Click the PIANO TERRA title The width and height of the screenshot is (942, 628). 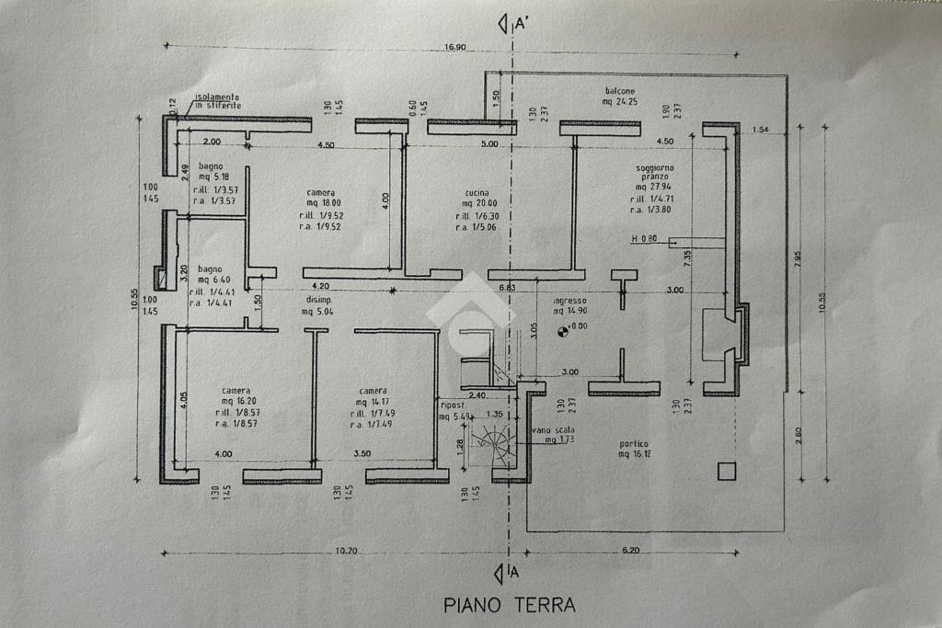click(510, 604)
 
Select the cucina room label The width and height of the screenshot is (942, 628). click(476, 193)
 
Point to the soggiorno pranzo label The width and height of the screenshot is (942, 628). click(654, 172)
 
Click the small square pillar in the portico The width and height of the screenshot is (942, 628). click(727, 471)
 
